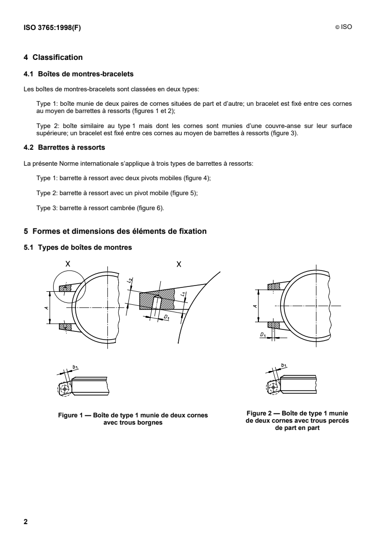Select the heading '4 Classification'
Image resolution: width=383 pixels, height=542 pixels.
coord(53,58)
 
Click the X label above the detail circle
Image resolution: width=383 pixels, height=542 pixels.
coord(68,264)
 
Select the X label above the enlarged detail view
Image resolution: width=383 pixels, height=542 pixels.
coord(179,264)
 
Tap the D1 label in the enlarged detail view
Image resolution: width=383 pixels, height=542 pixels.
coord(166,317)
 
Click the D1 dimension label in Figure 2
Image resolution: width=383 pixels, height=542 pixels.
coord(262,334)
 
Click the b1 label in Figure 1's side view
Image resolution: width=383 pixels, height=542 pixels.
coord(75,367)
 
